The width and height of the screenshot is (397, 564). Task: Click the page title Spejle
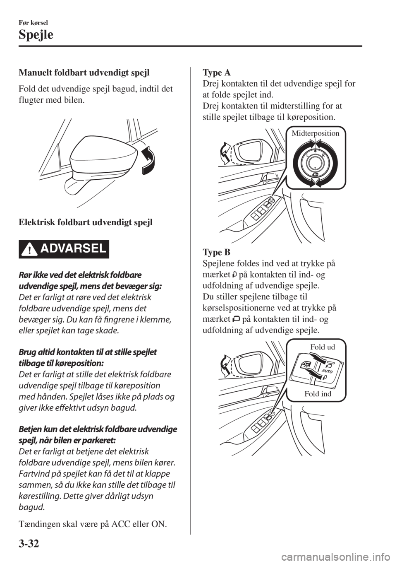click(36, 35)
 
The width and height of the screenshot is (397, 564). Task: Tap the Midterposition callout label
click(315, 133)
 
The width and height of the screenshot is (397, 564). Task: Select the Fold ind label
click(318, 393)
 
